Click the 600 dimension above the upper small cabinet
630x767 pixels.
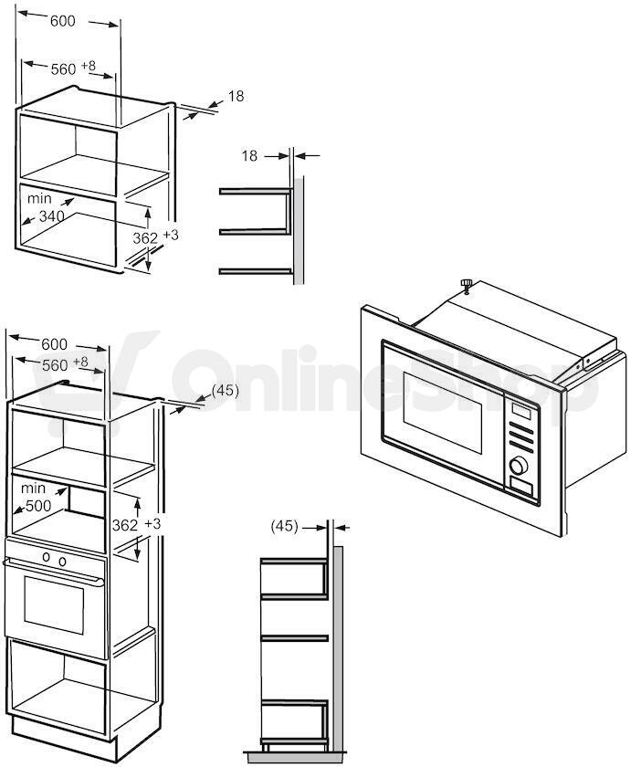tap(63, 21)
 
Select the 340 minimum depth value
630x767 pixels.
tap(51, 215)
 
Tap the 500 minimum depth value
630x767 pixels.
tap(38, 505)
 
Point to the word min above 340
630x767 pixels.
tap(39, 198)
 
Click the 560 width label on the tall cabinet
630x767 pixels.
tap(55, 365)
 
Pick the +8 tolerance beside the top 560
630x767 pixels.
tap(89, 66)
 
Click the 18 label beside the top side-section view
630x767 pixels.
tap(249, 155)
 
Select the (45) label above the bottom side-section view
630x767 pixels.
tap(284, 526)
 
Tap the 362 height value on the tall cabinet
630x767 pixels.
tap(125, 525)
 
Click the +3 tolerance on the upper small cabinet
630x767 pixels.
tap(171, 235)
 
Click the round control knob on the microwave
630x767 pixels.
tap(519, 465)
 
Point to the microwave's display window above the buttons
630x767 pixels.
tap(521, 410)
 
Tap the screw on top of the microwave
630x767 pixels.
tap(467, 285)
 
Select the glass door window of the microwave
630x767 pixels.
tap(442, 412)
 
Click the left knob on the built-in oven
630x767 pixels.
tap(47, 557)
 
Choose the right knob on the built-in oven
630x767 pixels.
tap(62, 561)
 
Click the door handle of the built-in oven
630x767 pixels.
tap(53, 573)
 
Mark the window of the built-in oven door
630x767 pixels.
tap(54, 604)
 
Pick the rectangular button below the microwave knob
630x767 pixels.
tap(522, 487)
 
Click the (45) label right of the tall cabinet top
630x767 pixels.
tap(225, 391)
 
